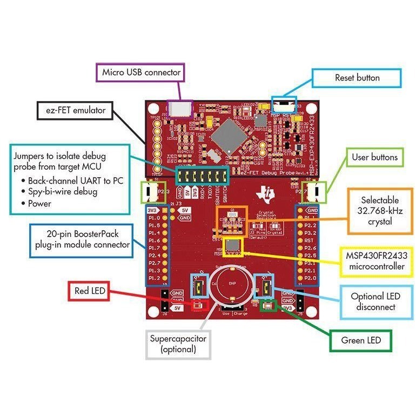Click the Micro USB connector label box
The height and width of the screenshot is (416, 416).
142,72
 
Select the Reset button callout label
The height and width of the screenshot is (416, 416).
357,78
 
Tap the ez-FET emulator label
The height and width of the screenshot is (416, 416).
76,112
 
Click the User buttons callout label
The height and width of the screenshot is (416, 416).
374,157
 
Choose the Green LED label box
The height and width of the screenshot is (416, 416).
360,340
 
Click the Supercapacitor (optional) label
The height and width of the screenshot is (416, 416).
178,344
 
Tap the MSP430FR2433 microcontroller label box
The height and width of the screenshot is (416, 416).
373,261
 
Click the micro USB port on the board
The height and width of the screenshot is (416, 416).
180,108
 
